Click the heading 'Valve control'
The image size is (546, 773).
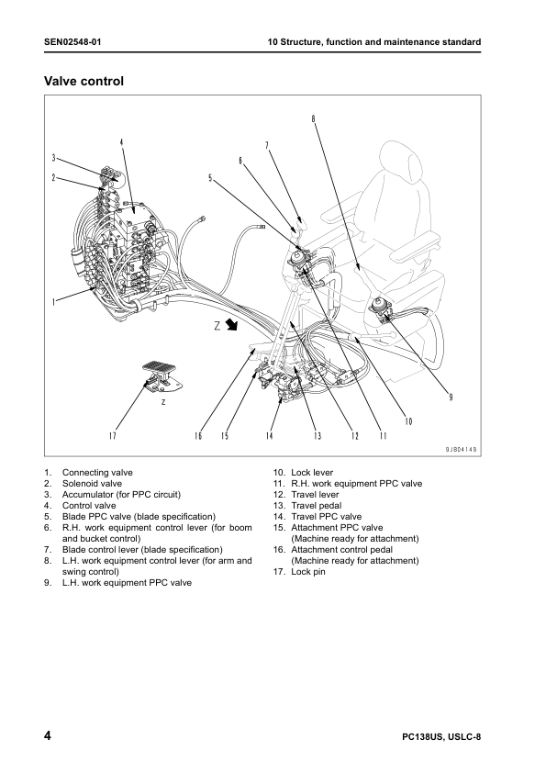click(84, 82)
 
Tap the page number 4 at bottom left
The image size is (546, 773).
click(48, 737)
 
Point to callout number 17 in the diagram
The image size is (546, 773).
click(113, 435)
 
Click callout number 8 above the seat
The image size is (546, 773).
click(313, 118)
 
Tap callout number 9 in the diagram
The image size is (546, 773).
click(451, 397)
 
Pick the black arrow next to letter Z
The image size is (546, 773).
click(231, 325)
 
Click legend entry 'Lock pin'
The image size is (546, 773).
click(308, 572)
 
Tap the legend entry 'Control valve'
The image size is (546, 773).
click(89, 505)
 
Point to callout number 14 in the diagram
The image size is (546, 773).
click(270, 435)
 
